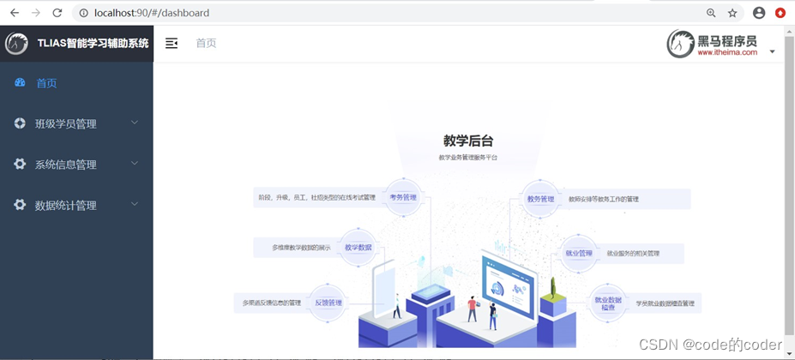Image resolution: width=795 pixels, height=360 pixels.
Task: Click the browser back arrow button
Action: pos(15,13)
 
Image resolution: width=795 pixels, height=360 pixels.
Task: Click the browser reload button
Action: pos(57,13)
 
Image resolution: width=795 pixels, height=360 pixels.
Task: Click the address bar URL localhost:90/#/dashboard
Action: pos(152,13)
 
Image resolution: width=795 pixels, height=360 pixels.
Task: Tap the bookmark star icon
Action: pos(732,13)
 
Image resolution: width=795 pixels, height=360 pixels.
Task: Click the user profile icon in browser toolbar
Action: pos(759,13)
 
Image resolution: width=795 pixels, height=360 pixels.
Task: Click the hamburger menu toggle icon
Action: pos(172,43)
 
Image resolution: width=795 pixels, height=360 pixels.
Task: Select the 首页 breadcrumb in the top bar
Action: pos(206,43)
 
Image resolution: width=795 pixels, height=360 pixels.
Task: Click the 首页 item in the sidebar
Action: pos(46,83)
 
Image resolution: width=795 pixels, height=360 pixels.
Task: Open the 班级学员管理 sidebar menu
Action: pos(65,123)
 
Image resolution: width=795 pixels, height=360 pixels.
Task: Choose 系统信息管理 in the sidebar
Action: pos(65,165)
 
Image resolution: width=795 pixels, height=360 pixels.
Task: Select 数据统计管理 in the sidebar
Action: pos(65,206)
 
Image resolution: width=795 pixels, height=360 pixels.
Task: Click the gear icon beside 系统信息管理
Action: pos(20,164)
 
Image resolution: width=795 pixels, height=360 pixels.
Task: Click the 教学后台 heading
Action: pos(468,141)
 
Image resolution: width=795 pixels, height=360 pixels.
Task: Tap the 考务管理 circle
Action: pos(403,198)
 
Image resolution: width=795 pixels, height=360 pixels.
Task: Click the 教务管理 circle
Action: pos(540,199)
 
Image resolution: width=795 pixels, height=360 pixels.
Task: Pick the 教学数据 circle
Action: pos(358,248)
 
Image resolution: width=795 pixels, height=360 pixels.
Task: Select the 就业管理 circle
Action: pos(579,254)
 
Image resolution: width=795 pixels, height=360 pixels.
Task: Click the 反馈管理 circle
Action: pos(328,303)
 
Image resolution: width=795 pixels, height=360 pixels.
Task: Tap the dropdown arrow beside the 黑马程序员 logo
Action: pos(772,51)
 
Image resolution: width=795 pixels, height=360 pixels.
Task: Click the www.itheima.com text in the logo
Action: pos(727,52)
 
